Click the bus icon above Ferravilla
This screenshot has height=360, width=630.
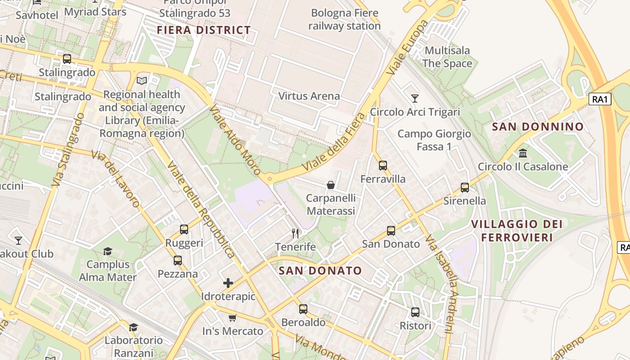[382, 166]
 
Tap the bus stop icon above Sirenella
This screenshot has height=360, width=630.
[465, 188]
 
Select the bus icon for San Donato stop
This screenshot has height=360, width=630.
[391, 231]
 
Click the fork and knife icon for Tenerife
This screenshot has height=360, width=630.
[295, 233]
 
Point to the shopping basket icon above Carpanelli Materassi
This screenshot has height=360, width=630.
[331, 185]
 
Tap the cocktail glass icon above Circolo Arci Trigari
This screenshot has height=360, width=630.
[415, 98]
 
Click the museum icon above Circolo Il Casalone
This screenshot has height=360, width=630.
[523, 153]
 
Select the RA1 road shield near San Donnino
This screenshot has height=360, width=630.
[600, 99]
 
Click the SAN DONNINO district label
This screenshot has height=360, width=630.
[538, 127]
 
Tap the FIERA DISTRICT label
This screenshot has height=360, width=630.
[204, 31]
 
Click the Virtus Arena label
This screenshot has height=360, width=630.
[309, 96]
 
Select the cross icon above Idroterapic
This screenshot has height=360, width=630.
[228, 283]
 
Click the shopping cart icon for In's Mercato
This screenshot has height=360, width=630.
[233, 318]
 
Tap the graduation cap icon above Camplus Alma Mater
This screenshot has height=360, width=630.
[108, 251]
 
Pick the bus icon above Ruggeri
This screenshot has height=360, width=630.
[184, 229]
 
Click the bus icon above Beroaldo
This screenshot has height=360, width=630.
[303, 309]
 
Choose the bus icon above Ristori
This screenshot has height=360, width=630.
[415, 312]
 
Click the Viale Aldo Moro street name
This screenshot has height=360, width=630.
[235, 140]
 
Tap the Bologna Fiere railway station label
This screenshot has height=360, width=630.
[344, 19]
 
